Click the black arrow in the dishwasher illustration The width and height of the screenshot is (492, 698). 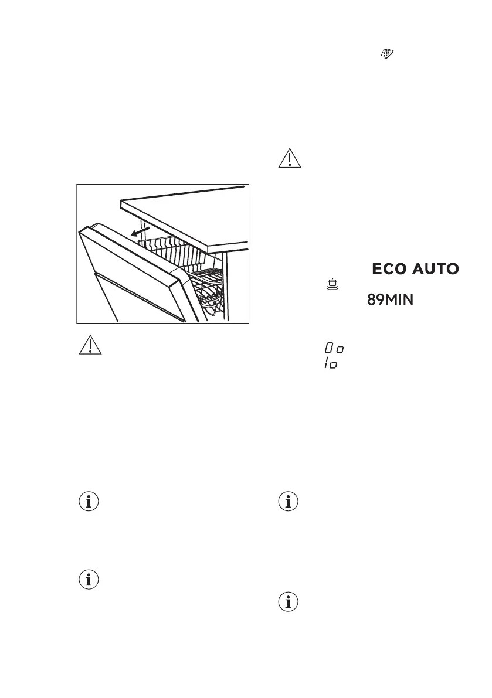[139, 234]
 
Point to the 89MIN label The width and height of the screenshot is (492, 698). [390, 300]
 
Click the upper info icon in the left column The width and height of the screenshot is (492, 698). [89, 502]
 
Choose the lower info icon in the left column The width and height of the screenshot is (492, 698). [89, 580]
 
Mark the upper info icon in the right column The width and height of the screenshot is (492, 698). [288, 502]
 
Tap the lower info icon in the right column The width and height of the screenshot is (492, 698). [288, 603]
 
